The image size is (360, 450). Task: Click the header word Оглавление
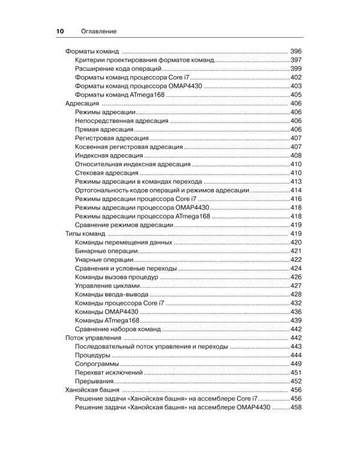(95, 31)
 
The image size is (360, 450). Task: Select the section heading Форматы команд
(92, 52)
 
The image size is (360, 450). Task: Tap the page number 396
(295, 52)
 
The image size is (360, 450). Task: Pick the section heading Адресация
(82, 103)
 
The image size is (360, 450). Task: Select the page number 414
(295, 190)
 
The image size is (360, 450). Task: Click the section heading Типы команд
(85, 233)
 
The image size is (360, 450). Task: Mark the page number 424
(295, 268)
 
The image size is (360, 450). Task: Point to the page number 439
(295, 320)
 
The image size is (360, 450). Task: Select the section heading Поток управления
(93, 338)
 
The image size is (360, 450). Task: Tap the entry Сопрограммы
(98, 364)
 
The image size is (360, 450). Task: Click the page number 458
(295, 407)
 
